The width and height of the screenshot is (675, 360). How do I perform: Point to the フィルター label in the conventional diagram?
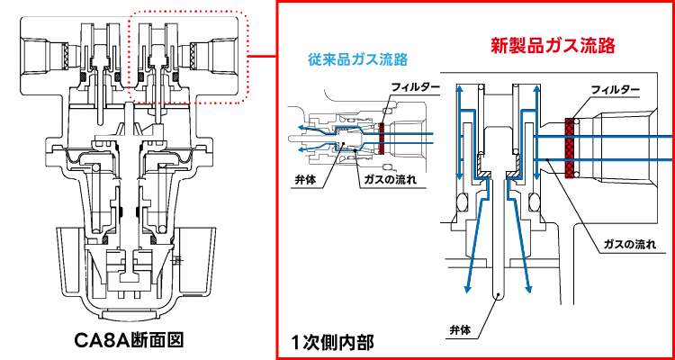pyautogui.click(x=416, y=87)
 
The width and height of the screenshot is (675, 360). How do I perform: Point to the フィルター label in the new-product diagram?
pyautogui.click(x=616, y=91)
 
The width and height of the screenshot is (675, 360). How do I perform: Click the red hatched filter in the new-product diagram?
pyautogui.click(x=570, y=146)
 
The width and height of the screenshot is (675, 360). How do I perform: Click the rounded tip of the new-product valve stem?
pyautogui.click(x=499, y=296)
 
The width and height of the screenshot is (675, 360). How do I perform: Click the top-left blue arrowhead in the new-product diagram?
pyautogui.click(x=461, y=88)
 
